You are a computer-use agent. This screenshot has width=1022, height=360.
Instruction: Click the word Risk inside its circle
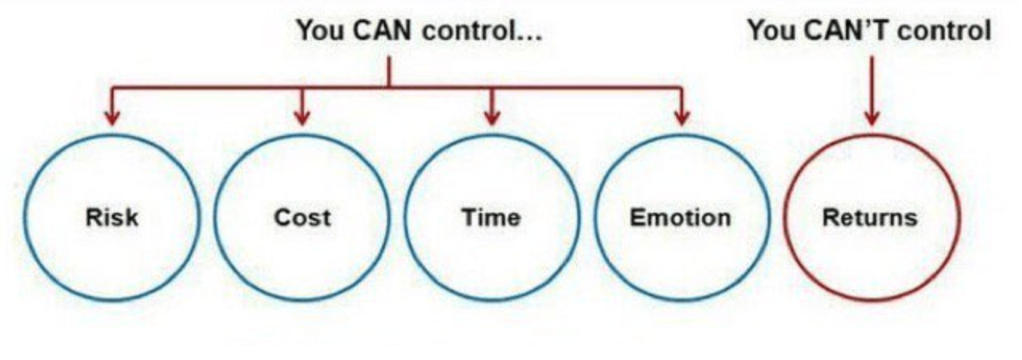click(111, 218)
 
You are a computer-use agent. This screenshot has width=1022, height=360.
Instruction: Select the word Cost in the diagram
click(301, 218)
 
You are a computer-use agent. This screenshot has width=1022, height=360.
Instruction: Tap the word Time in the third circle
click(490, 218)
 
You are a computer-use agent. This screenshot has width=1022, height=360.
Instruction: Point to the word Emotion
click(680, 218)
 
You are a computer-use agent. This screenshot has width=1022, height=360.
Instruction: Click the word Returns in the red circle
click(870, 218)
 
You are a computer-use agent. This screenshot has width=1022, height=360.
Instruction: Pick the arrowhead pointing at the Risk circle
click(112, 118)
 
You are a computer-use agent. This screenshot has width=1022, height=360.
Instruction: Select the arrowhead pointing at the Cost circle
click(301, 118)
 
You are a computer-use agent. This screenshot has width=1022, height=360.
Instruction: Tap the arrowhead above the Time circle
click(492, 118)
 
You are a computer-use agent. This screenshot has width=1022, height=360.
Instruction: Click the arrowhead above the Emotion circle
click(681, 118)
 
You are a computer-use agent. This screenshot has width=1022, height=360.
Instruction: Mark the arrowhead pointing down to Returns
click(872, 118)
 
